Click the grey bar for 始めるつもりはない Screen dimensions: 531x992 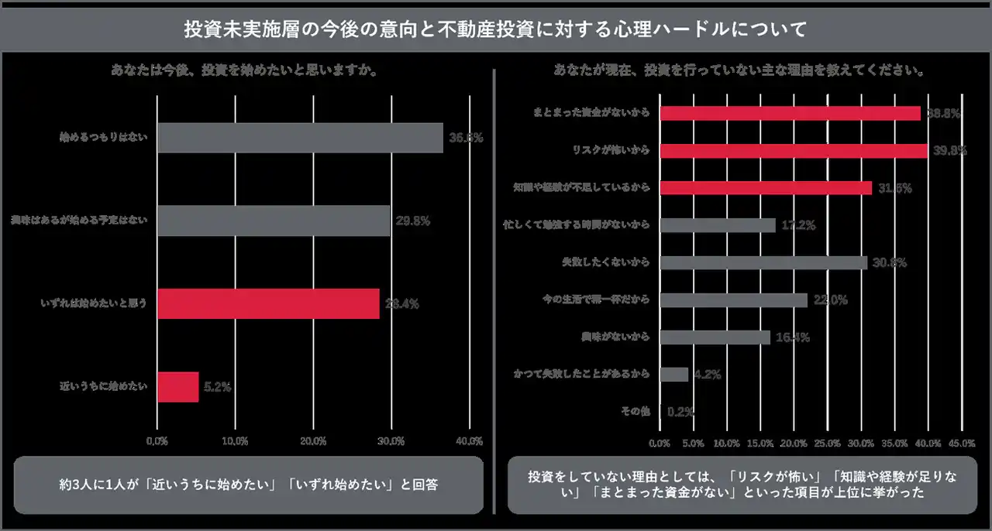(300, 138)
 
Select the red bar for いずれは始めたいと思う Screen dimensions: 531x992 (268, 303)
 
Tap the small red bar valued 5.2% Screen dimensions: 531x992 (177, 387)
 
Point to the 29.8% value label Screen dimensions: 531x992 (412, 221)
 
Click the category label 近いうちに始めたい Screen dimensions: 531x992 (103, 387)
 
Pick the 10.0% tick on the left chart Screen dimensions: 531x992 (235, 441)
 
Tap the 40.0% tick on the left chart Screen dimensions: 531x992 (469, 441)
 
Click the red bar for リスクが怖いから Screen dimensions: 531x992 (794, 150)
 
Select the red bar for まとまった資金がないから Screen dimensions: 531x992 (790, 113)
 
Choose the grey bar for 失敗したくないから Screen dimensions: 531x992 (763, 262)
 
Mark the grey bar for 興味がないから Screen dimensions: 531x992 (715, 337)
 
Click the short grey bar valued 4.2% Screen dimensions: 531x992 (673, 375)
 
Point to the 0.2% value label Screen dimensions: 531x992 (680, 412)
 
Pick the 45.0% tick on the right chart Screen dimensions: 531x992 (962, 444)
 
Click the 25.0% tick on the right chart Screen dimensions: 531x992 (828, 444)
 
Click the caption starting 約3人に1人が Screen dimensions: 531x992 (248, 485)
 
